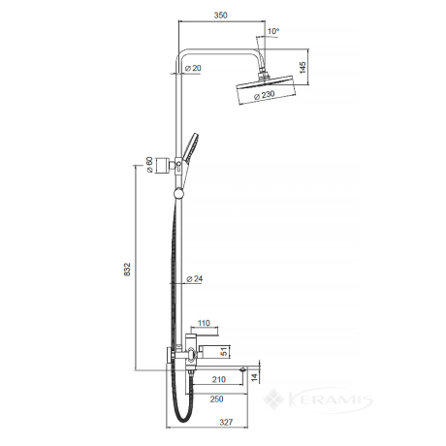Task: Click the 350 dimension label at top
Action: tap(220, 16)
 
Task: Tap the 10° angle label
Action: tap(273, 31)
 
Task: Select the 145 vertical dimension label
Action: tap(303, 68)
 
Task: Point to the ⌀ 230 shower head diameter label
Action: tap(265, 95)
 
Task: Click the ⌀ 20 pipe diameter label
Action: tap(193, 68)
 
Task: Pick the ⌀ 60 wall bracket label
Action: tap(149, 165)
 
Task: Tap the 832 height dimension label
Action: tap(127, 270)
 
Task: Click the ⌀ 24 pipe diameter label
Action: tap(195, 278)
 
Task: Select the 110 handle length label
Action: tap(204, 323)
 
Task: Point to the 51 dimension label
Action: tap(224, 352)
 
